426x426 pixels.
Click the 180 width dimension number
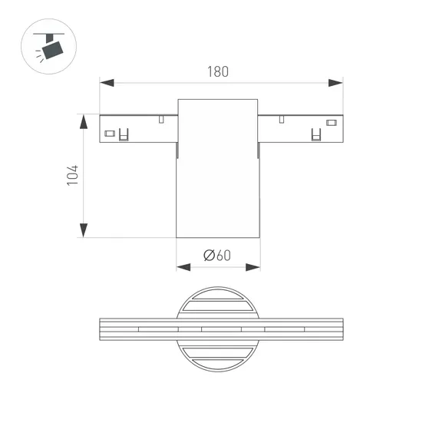(x=218, y=71)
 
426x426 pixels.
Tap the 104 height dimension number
(x=73, y=176)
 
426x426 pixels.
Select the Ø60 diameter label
(x=217, y=256)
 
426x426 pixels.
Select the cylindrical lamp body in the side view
(x=218, y=177)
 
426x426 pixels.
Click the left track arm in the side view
(x=138, y=129)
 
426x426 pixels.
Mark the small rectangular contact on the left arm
(x=109, y=134)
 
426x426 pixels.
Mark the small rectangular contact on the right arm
(x=332, y=123)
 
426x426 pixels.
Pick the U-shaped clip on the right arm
(x=315, y=135)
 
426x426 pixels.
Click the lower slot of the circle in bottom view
(x=218, y=355)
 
